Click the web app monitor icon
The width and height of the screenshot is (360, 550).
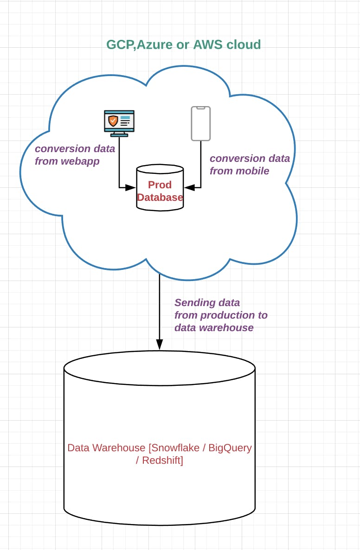pos(119,123)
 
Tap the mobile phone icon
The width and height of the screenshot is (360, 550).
pos(201,123)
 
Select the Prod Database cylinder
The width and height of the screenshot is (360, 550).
pos(160,188)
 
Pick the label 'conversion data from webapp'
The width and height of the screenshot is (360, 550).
pos(75,155)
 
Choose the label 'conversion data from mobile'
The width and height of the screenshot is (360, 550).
pos(250,165)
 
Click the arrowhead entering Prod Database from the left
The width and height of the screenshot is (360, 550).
pos(130,188)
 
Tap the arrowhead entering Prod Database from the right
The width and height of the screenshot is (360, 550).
pos(189,188)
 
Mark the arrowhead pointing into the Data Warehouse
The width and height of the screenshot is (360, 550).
pos(160,345)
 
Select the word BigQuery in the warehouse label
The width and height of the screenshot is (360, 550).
pos(230,448)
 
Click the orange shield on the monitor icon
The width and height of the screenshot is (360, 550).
pos(113,121)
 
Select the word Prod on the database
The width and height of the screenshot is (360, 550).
pos(160,185)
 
